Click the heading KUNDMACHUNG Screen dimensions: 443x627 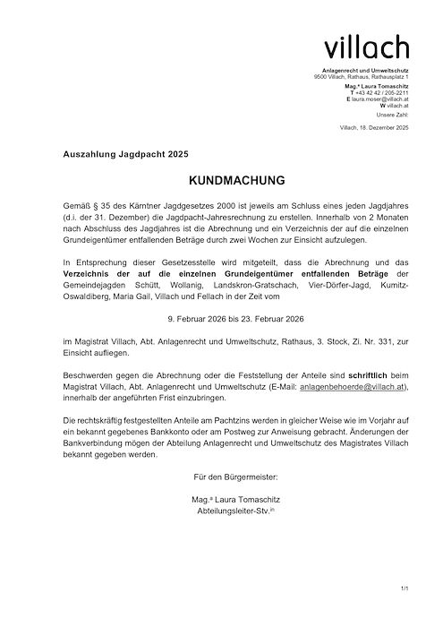[222, 179]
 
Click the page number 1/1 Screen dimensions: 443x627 [405, 588]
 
